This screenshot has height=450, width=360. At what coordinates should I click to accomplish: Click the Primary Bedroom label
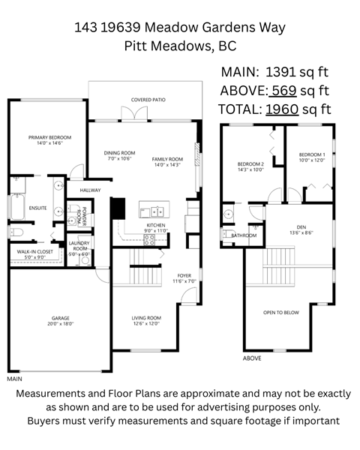[49, 137]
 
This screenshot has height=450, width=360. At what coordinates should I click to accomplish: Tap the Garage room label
[61, 318]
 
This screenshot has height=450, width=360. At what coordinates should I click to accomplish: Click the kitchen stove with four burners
[148, 240]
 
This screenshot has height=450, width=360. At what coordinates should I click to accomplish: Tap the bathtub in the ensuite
[17, 206]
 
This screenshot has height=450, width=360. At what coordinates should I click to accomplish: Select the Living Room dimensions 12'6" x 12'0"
[146, 325]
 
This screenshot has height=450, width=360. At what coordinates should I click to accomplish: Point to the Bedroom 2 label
[251, 163]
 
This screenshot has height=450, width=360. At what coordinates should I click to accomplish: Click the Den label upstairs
[301, 226]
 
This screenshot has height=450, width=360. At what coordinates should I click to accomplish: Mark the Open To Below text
[281, 312]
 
